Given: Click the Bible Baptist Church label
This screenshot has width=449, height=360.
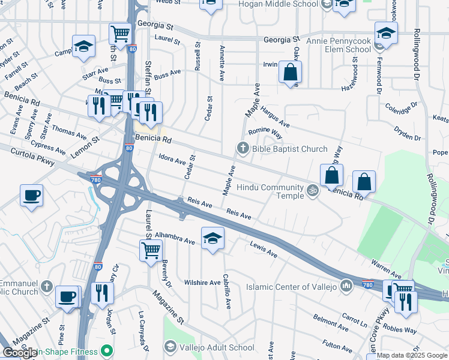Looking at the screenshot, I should [x=289, y=149].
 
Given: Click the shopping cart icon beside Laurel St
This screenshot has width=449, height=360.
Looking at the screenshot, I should [x=151, y=250].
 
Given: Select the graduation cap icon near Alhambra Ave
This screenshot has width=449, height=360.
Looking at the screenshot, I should [x=212, y=238].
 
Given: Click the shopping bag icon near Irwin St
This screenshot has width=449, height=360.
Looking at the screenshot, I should [x=290, y=73].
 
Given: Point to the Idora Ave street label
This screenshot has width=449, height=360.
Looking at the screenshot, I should [x=172, y=160].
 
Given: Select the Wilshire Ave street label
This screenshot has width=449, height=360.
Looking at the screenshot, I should [x=202, y=283].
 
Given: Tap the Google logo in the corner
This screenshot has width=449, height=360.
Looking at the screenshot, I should [x=19, y=353].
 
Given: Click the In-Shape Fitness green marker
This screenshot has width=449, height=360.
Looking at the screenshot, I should [x=107, y=350].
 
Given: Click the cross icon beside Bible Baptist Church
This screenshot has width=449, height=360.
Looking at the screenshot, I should [x=243, y=148].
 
